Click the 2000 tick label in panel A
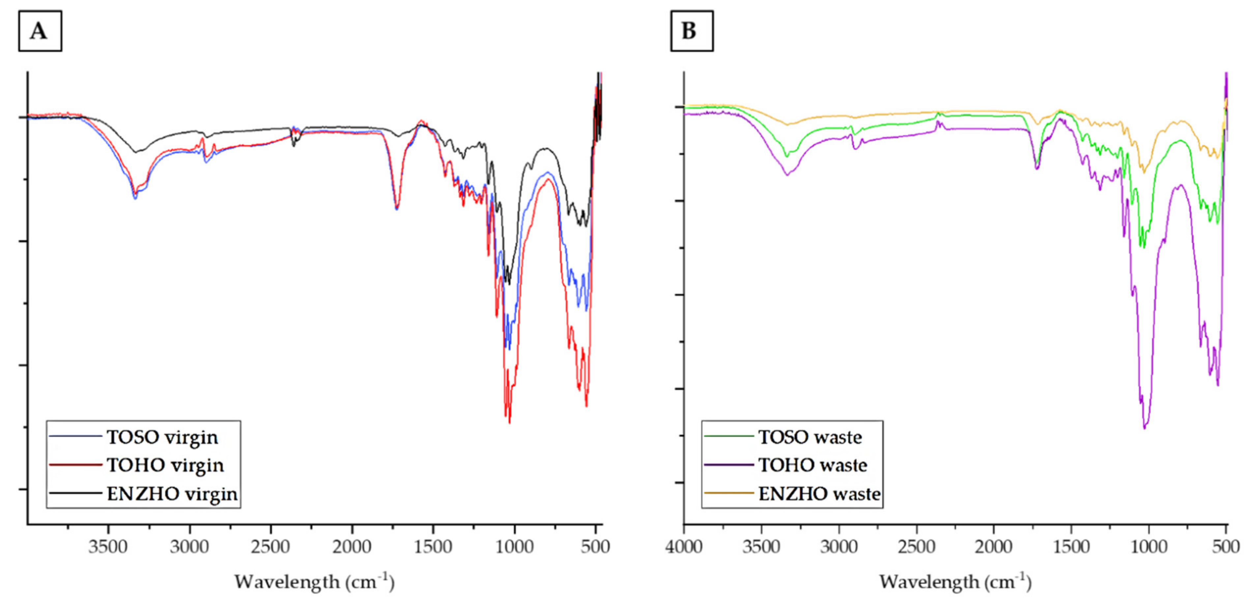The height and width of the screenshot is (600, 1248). pyautogui.click(x=352, y=547)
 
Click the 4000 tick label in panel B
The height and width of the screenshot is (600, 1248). pyautogui.click(x=683, y=547)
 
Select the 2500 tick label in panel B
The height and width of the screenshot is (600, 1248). pyautogui.click(x=916, y=547)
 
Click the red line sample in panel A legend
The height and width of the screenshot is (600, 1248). pyautogui.click(x=75, y=465)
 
